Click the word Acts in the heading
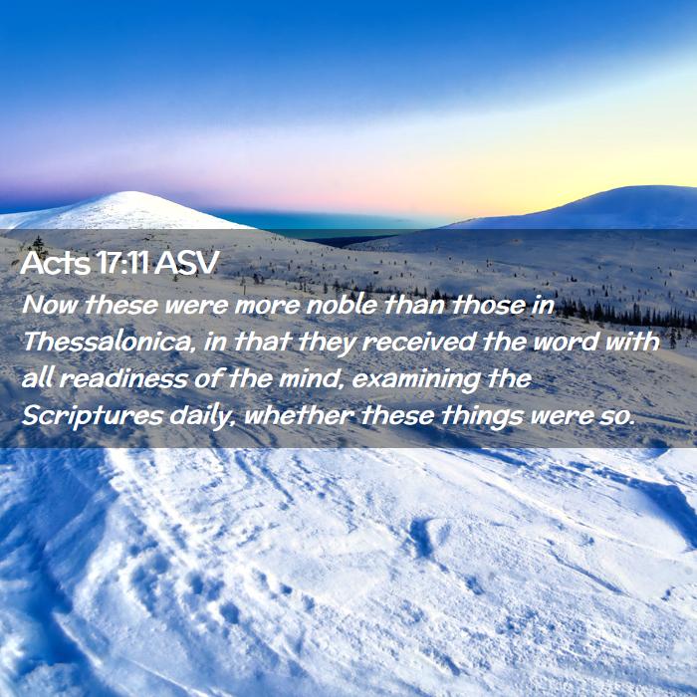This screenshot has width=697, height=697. [55, 263]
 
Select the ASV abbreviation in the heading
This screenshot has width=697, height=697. [186, 263]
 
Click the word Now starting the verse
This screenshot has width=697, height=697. [50, 305]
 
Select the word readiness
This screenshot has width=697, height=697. [122, 379]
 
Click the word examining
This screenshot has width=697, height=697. [415, 380]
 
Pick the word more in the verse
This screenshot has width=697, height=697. [267, 306]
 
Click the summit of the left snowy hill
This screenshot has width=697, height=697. [128, 192]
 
